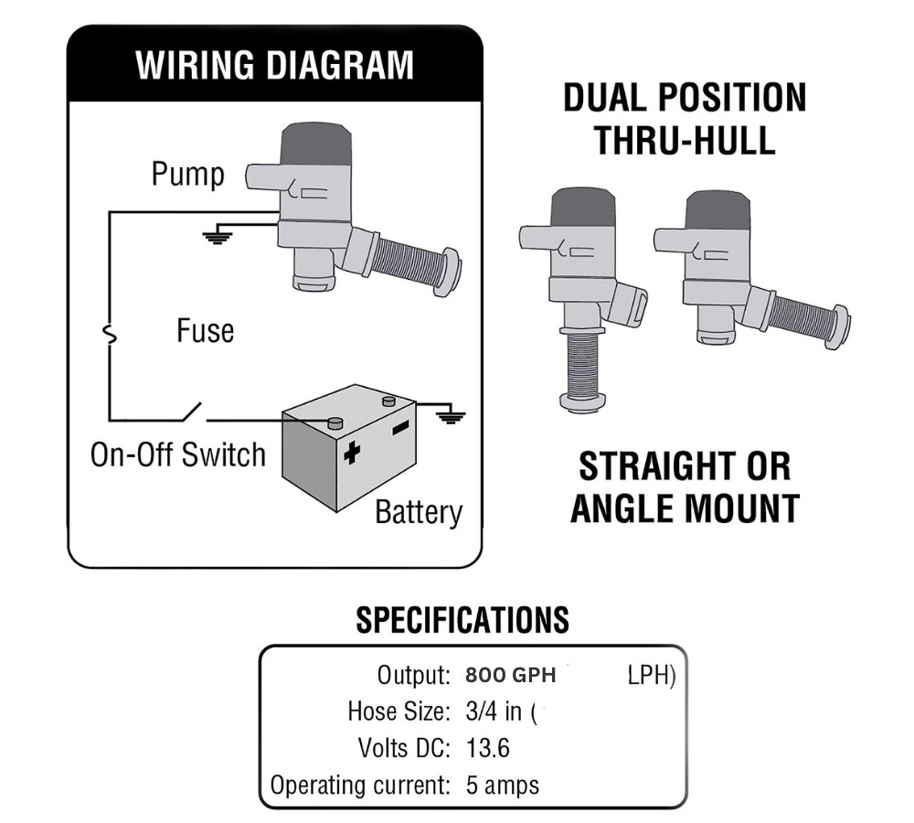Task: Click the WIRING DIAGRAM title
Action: pyautogui.click(x=274, y=66)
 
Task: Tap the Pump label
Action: pyautogui.click(x=187, y=174)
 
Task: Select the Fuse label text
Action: pyautogui.click(x=205, y=330)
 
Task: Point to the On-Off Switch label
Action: pyautogui.click(x=177, y=454)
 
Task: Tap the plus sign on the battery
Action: pyautogui.click(x=351, y=452)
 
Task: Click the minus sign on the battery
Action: pyautogui.click(x=400, y=428)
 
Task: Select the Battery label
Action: pyautogui.click(x=419, y=512)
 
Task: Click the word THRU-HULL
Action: pyautogui.click(x=685, y=140)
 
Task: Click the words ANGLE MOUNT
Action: pyautogui.click(x=685, y=508)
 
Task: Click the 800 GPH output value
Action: pyautogui.click(x=510, y=676)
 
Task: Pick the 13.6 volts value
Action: pyautogui.click(x=487, y=749)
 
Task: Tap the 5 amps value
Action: pyautogui.click(x=502, y=785)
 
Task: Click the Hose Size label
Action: pyautogui.click(x=399, y=711)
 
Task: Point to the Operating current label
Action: pyautogui.click(x=360, y=785)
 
